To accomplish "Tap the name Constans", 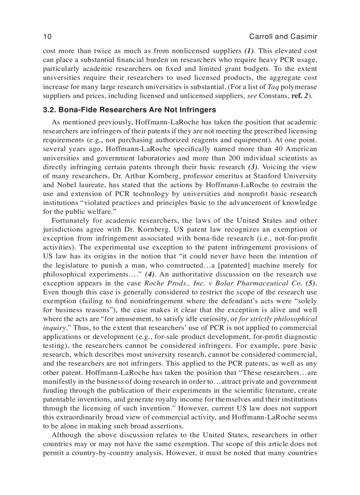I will pos(269,96).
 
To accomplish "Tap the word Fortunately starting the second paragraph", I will pos(71,220).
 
